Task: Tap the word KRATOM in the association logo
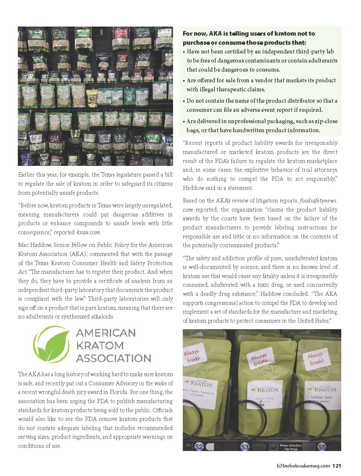(x=100, y=345)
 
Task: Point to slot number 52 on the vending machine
(x=199, y=447)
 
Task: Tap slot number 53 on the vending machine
(x=245, y=447)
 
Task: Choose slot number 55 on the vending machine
(x=322, y=447)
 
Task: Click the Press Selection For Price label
(x=290, y=447)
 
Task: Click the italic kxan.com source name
(x=88, y=232)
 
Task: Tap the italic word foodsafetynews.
(x=319, y=201)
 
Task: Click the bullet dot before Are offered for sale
(x=184, y=81)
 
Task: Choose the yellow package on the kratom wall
(x=92, y=97)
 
